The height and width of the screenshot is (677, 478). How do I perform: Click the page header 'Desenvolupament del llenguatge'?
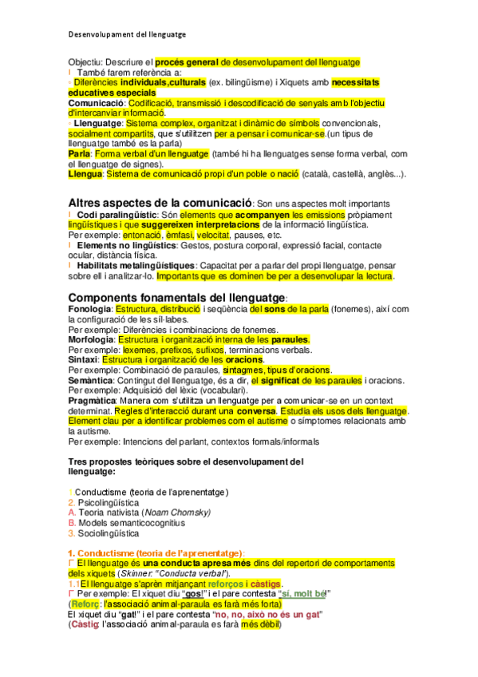127,34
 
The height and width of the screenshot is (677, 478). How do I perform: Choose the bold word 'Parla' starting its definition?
79,153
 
